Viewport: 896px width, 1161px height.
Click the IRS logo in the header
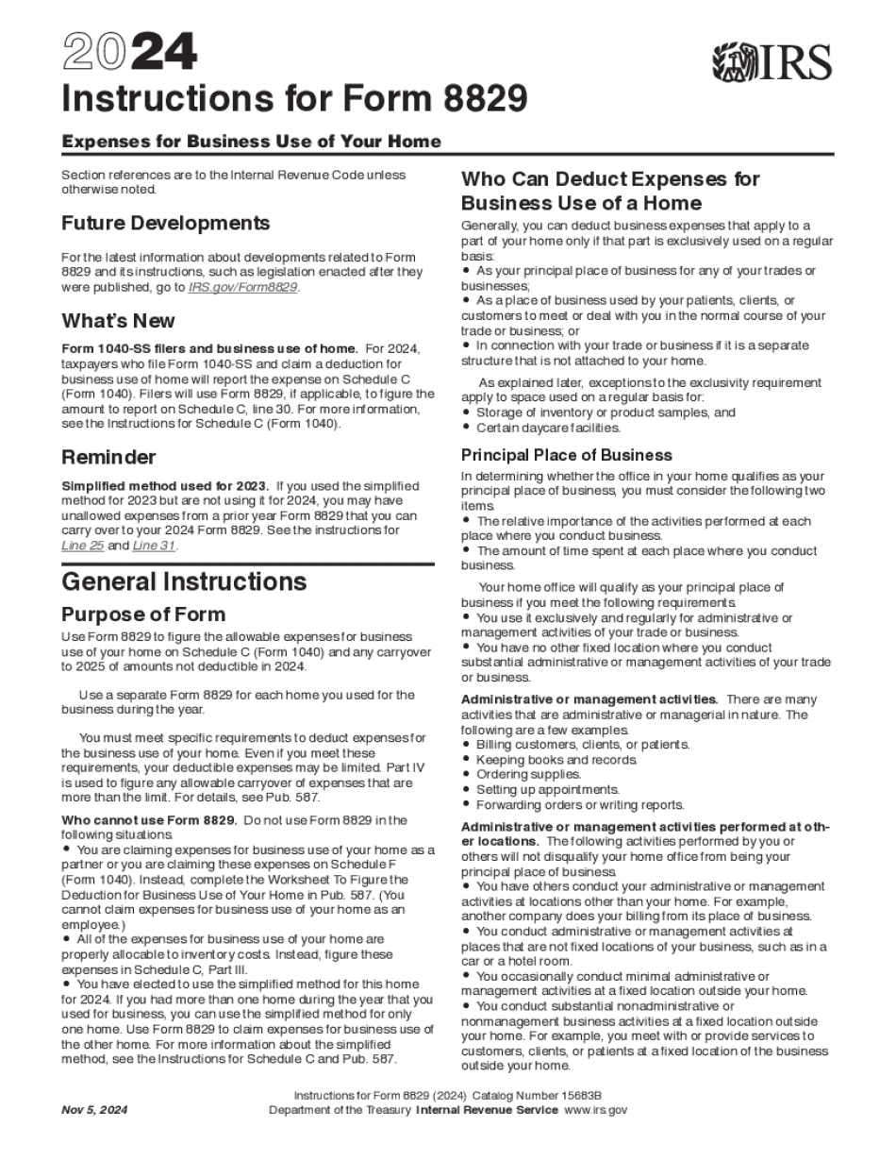[x=772, y=63]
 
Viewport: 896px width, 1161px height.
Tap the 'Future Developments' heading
[x=165, y=223]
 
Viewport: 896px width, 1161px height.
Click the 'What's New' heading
[x=118, y=319]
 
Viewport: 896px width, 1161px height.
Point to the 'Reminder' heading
[x=108, y=457]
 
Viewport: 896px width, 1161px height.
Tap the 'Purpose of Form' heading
[x=143, y=614]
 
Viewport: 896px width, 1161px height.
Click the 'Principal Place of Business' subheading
[x=567, y=455]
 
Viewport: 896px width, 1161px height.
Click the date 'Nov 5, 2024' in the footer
[x=95, y=1110]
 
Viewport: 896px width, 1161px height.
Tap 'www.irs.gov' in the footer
[x=595, y=1110]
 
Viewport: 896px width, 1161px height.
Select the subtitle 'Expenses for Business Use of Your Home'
[x=251, y=142]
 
